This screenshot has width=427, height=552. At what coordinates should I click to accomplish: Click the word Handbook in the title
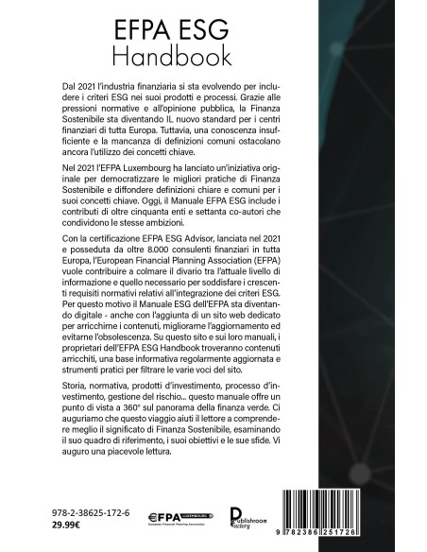pyautogui.click(x=170, y=58)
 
